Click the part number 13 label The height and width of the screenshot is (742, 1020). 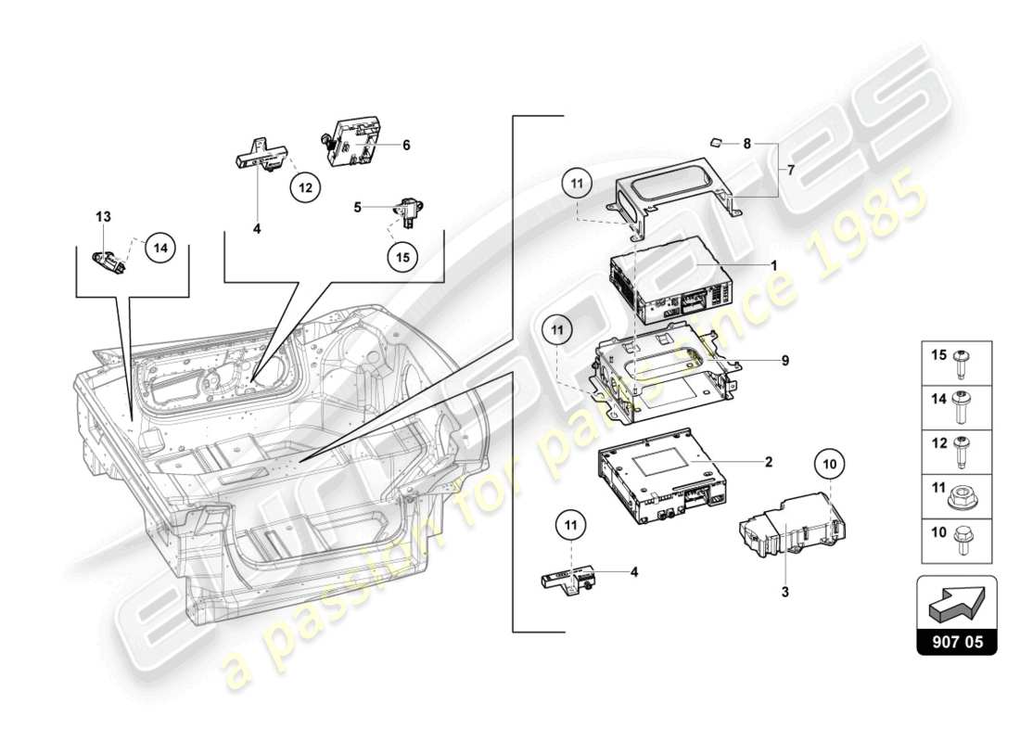103,216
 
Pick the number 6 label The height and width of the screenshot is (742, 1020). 405,145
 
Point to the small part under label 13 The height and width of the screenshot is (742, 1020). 109,261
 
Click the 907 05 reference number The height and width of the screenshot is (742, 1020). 957,641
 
